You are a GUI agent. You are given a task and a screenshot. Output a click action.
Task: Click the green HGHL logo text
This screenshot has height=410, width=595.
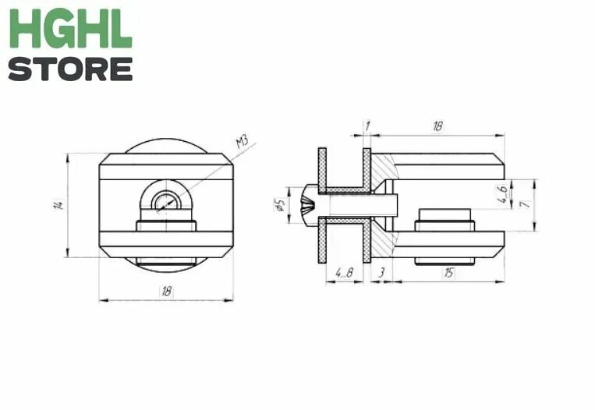tap(71, 29)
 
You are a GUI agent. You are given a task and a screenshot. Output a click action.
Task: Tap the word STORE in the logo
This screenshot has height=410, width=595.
tap(71, 69)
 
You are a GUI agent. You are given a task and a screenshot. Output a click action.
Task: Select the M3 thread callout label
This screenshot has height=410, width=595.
tap(243, 142)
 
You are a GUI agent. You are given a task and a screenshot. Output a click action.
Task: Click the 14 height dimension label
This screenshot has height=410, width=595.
tap(58, 205)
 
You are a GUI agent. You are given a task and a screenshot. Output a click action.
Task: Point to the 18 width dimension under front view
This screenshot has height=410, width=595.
tap(167, 292)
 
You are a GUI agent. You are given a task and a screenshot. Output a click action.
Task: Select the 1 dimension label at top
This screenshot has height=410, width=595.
tap(367, 126)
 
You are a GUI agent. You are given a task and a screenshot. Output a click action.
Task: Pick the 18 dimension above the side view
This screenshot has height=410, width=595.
tap(438, 126)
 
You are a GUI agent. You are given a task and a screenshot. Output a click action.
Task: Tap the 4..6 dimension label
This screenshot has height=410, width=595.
tap(502, 194)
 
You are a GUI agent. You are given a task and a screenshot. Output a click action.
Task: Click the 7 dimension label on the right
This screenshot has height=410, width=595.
tap(525, 204)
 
